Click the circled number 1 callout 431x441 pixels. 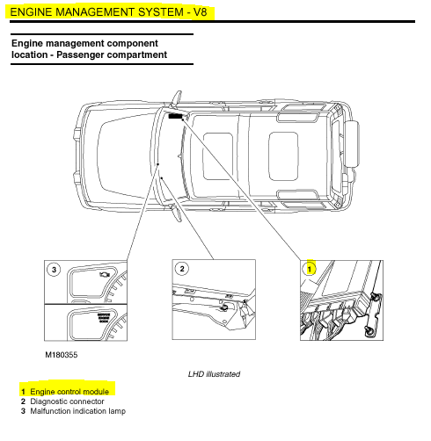[310, 269]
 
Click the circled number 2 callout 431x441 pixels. [182, 269]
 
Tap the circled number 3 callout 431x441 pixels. [54, 270]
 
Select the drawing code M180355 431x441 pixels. [62, 355]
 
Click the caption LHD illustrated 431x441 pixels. [214, 374]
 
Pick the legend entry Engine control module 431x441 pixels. [69, 392]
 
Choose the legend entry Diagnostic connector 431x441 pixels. [67, 401]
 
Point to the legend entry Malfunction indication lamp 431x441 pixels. [78, 411]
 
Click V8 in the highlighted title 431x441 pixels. [200, 12]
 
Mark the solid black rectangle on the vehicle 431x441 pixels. [175, 116]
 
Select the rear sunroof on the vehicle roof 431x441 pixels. [283, 156]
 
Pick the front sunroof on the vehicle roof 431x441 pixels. [218, 156]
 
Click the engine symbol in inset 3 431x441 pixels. [105, 274]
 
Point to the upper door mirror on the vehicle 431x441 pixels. [177, 98]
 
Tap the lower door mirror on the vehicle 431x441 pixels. [177, 213]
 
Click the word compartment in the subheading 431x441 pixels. [137, 54]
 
